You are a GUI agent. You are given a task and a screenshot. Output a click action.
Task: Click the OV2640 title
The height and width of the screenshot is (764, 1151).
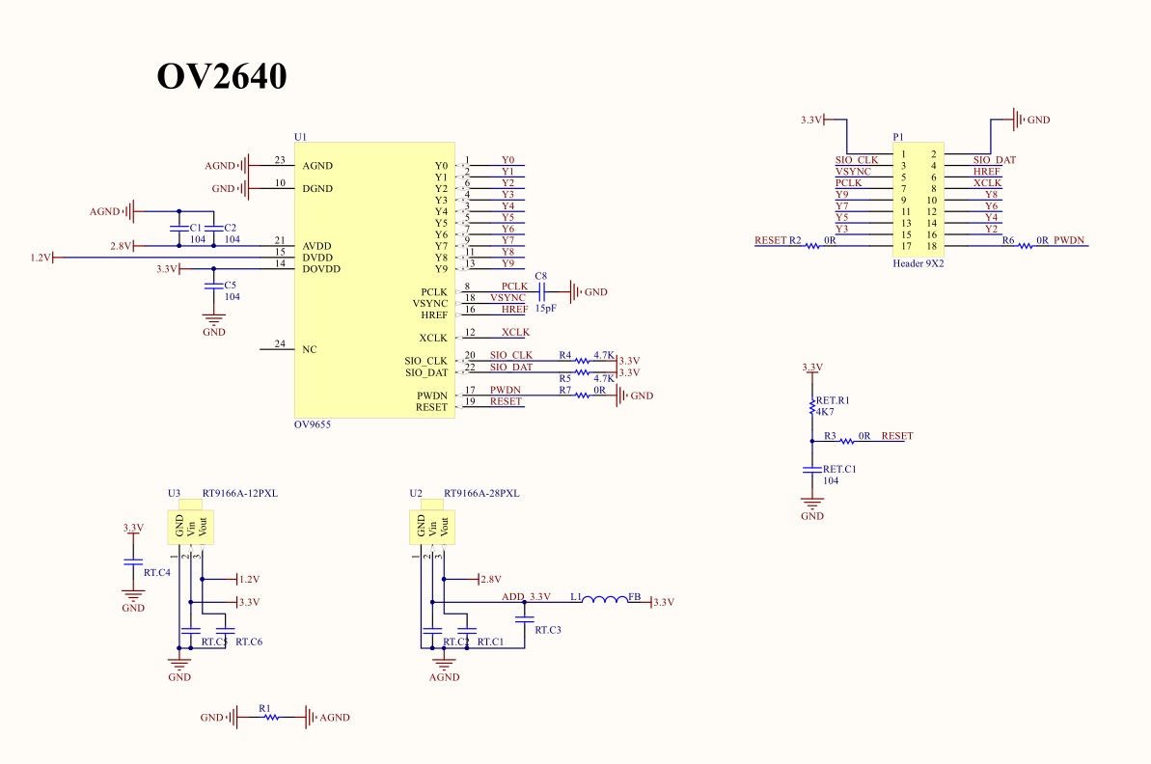click(x=222, y=76)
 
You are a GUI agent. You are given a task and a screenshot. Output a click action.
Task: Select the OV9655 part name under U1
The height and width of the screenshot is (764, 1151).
click(x=313, y=424)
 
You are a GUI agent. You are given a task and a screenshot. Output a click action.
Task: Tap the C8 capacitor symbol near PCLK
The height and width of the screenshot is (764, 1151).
click(x=542, y=291)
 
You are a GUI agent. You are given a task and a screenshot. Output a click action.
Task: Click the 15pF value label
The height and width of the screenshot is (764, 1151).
click(x=545, y=309)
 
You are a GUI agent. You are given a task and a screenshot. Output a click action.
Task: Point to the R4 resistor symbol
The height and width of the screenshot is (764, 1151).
click(x=582, y=361)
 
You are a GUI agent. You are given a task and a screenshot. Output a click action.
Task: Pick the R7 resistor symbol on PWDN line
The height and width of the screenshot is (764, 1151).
click(x=582, y=395)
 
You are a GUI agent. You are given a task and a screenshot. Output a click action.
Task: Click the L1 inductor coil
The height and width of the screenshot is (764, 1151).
click(x=605, y=601)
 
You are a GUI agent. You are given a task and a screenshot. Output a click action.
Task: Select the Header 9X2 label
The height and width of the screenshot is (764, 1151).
click(x=918, y=263)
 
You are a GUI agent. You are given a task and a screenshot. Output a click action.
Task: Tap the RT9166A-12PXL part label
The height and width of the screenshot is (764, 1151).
click(x=240, y=493)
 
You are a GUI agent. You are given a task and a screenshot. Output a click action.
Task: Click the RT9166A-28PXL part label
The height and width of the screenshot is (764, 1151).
click(x=481, y=493)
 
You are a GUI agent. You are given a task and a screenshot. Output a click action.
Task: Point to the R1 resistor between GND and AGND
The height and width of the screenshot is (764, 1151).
click(x=272, y=717)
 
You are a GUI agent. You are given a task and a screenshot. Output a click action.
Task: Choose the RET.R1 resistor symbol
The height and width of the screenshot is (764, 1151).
click(x=811, y=407)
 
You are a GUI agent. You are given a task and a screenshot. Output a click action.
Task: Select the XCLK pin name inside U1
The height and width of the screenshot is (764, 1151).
click(x=433, y=338)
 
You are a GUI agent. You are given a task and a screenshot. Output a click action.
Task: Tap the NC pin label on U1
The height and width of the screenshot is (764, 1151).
click(x=310, y=349)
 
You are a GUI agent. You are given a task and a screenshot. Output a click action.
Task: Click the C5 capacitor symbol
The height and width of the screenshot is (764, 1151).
click(x=213, y=286)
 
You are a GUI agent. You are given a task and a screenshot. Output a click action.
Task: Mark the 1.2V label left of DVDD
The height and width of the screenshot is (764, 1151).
click(x=41, y=258)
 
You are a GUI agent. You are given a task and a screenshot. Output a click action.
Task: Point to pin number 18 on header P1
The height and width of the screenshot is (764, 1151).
click(x=932, y=247)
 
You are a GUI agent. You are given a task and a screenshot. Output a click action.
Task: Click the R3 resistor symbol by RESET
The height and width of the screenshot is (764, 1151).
click(x=847, y=441)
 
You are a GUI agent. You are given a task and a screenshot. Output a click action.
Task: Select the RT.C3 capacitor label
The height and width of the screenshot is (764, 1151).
click(x=548, y=630)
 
